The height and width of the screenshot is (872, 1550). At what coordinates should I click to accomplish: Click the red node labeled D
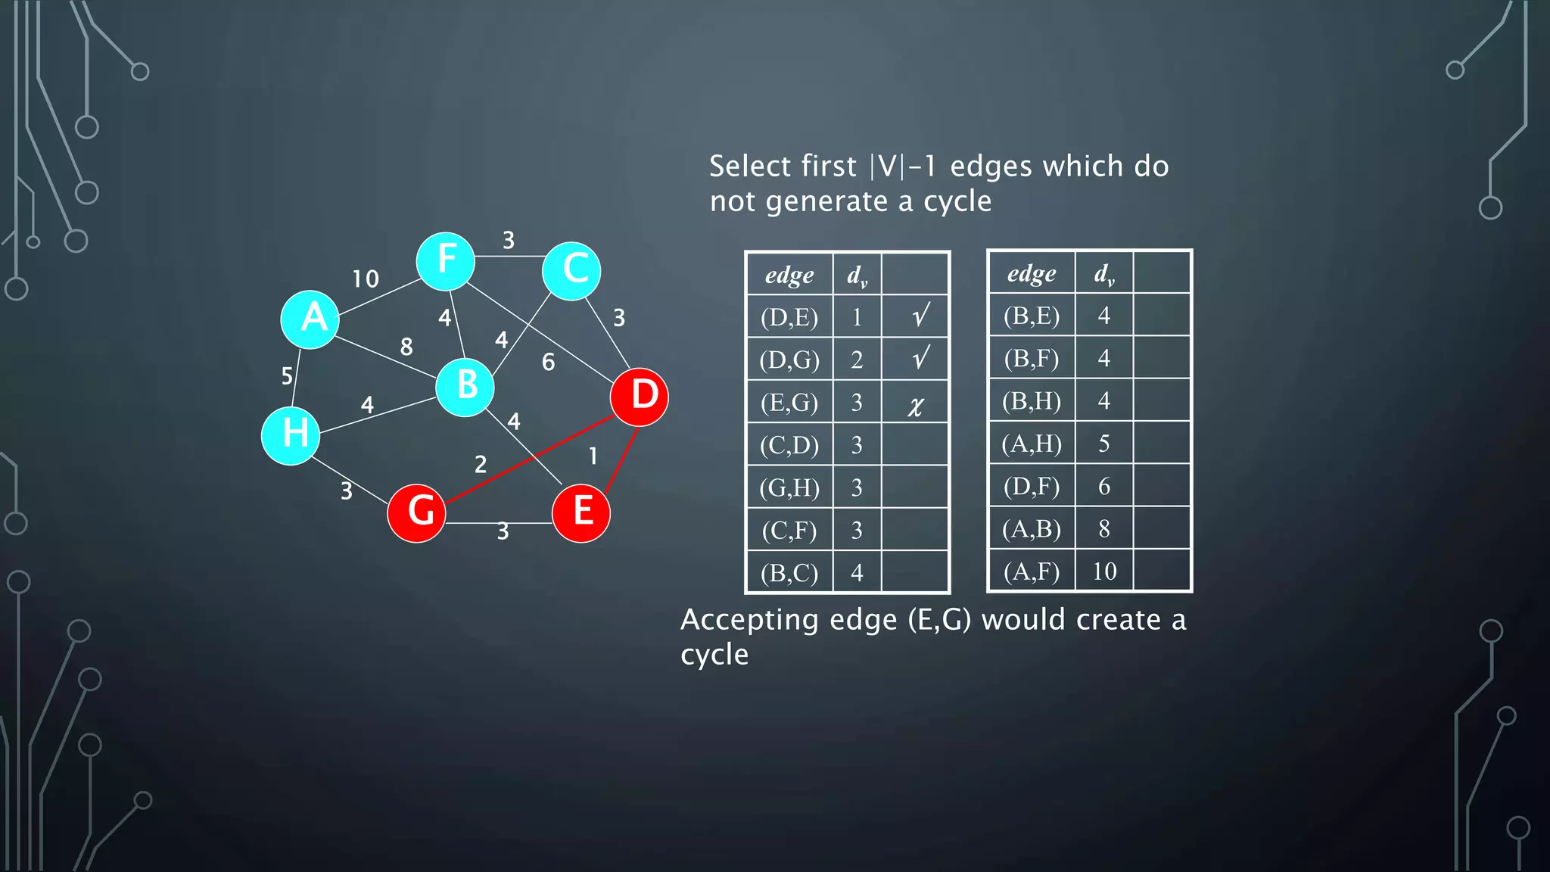point(640,397)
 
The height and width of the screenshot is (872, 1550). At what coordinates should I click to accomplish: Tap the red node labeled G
point(416,513)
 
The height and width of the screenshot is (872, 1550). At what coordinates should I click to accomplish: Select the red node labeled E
point(581,513)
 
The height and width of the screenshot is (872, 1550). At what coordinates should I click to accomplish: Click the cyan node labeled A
point(310,319)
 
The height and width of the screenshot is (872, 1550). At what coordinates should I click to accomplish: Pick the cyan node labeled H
point(291,435)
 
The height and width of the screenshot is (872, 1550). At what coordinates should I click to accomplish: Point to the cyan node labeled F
point(446,261)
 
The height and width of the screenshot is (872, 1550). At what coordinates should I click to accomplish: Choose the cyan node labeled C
point(571,271)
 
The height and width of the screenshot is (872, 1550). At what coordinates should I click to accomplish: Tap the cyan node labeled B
point(465,387)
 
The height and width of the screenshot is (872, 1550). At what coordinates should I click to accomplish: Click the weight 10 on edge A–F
point(366,279)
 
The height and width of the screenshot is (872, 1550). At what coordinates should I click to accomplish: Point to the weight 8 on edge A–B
point(406,347)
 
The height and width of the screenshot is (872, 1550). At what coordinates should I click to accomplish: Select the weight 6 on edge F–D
point(548,363)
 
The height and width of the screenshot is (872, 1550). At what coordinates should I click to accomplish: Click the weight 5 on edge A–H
point(287,376)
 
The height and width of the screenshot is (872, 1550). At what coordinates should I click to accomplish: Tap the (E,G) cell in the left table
point(789,402)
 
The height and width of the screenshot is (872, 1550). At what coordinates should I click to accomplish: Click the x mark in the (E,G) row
point(916,405)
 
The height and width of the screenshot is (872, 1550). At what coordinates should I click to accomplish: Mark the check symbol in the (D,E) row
point(920,316)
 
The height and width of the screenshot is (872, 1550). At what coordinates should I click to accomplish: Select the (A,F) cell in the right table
point(1032,571)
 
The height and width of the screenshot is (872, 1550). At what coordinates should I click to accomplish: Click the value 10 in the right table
point(1104,571)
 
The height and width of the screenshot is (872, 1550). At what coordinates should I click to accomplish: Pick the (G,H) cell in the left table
point(789,487)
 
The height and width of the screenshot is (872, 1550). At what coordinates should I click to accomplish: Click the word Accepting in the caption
point(749,620)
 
